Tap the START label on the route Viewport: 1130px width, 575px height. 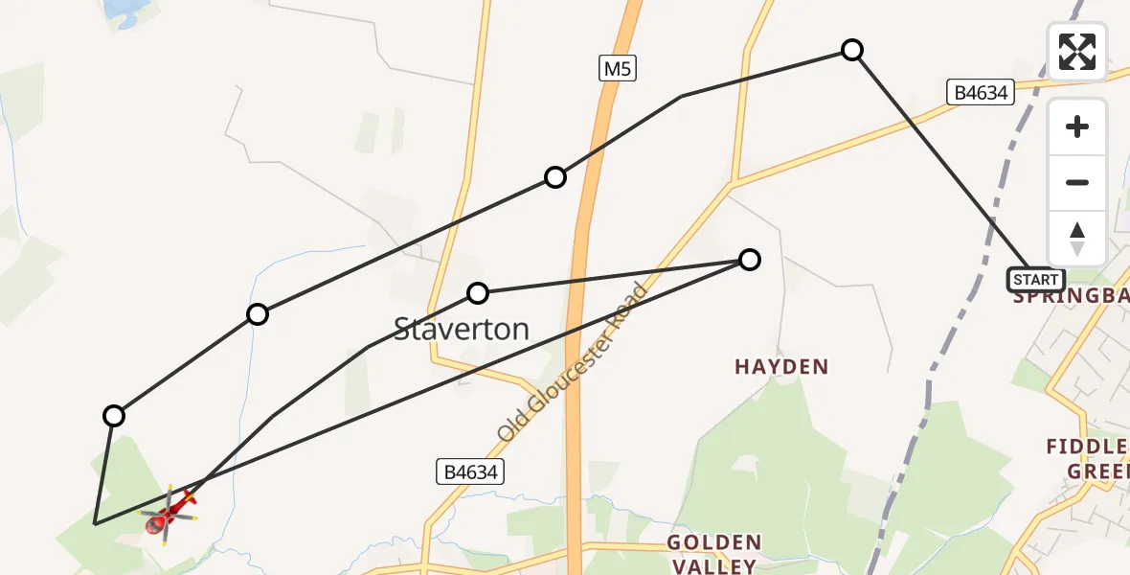tap(1035, 280)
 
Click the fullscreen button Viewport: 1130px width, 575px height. tap(1077, 51)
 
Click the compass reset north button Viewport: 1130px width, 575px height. tap(1077, 238)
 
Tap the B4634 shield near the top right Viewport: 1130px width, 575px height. tap(981, 92)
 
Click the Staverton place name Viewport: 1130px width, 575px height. tap(462, 330)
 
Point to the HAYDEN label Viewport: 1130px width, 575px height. tap(781, 366)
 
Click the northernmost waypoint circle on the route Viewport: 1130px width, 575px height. tap(851, 50)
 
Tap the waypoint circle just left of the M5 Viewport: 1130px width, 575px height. tap(554, 177)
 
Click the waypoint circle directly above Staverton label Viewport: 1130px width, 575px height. tap(477, 292)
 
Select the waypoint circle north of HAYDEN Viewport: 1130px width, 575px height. tap(750, 260)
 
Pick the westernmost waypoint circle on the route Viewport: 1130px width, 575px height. tap(114, 415)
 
